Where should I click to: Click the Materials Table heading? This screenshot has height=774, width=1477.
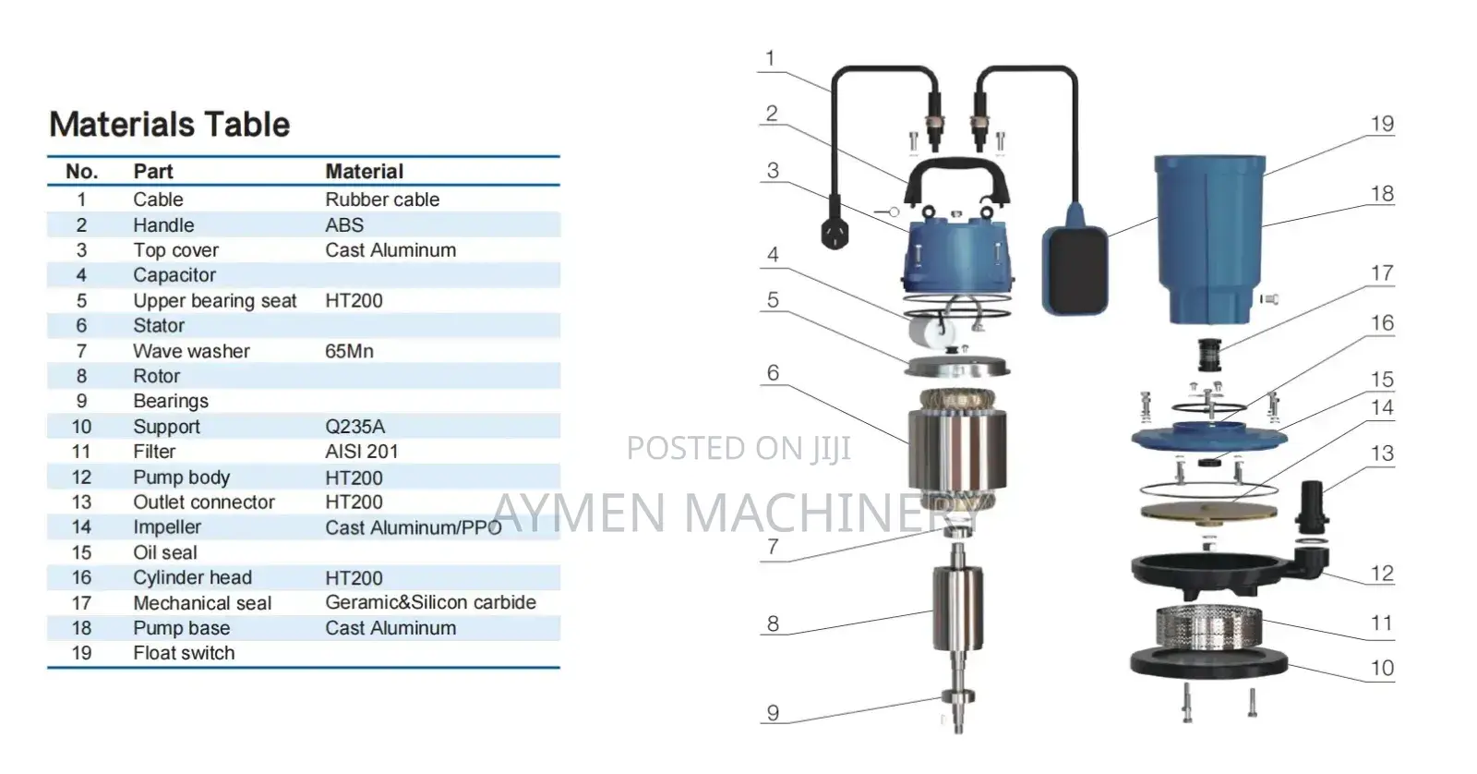[169, 125]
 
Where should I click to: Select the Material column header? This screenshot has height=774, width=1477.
[364, 172]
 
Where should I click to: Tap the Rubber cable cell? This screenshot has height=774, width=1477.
[381, 200]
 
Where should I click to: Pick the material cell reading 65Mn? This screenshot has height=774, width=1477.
[349, 351]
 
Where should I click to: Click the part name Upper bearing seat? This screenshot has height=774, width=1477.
[214, 301]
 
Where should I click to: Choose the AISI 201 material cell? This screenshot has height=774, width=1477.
[361, 452]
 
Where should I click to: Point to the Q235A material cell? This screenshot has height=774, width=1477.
[354, 427]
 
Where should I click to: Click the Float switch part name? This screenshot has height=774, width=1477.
[184, 653]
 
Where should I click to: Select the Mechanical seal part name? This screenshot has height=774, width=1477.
[202, 603]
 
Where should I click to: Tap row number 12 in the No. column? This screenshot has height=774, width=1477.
[81, 478]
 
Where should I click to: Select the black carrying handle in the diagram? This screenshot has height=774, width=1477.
[956, 181]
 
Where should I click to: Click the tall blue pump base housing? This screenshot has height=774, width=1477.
[1209, 236]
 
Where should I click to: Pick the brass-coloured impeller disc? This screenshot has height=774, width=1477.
[1208, 511]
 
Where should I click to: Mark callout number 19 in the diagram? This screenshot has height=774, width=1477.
[1381, 124]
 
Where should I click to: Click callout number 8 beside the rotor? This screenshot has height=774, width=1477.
[773, 623]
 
